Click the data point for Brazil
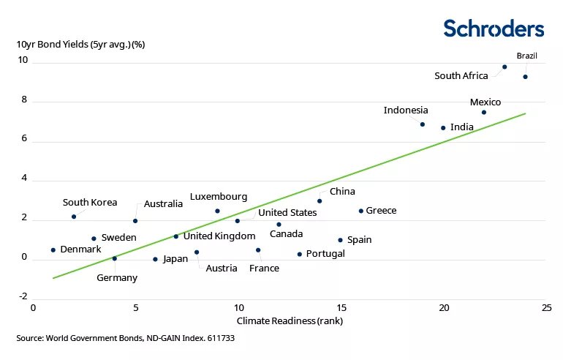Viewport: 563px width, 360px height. [x=525, y=77]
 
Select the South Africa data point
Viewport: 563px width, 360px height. [x=505, y=67]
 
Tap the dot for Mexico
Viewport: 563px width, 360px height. [x=483, y=112]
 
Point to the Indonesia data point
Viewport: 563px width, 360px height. [x=423, y=124]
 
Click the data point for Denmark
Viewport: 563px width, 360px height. [x=53, y=250]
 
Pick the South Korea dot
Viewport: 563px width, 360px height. [x=74, y=217]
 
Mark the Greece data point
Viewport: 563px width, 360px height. [x=360, y=211]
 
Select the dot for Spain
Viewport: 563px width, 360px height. [x=340, y=240]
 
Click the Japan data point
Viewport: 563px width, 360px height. [x=155, y=258]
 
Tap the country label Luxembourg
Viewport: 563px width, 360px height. [x=219, y=197]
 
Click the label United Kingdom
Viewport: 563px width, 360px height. [x=219, y=236]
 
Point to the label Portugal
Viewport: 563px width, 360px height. [x=325, y=254]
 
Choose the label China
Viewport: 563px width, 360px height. [x=342, y=192]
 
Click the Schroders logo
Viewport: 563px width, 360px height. [x=494, y=29]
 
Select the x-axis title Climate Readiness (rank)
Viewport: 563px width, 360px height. [x=281, y=320]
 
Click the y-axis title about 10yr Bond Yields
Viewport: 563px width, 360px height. [x=81, y=44]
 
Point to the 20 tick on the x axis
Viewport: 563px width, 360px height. [x=443, y=308]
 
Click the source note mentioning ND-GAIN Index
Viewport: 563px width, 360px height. [x=125, y=339]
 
